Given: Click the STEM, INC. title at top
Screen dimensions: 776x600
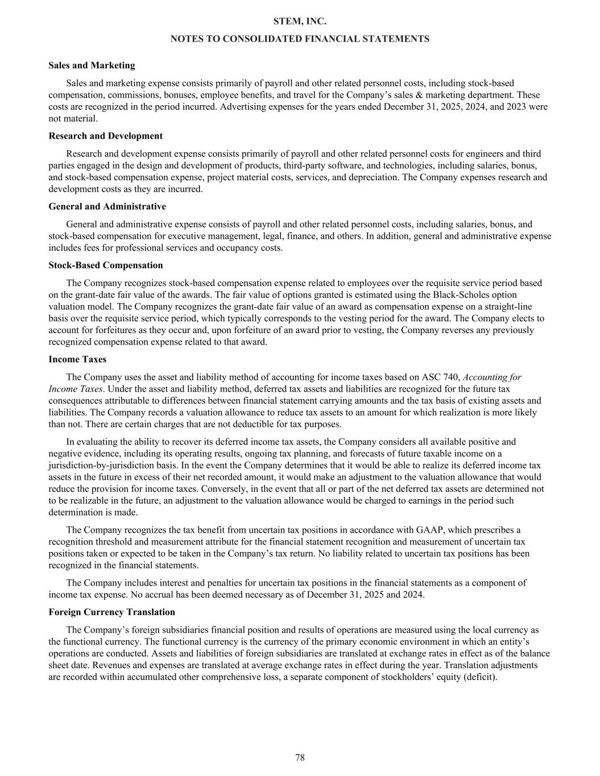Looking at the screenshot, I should tap(300, 22).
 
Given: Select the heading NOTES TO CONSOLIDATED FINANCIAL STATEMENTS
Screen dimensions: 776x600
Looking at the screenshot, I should tap(300, 39).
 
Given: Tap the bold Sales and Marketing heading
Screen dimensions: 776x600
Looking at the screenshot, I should tap(92, 65).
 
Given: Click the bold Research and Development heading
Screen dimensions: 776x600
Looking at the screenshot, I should tap(105, 136).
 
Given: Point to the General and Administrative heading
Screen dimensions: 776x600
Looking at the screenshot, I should tap(107, 206).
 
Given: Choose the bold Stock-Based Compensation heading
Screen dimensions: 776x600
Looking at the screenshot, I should tap(105, 265).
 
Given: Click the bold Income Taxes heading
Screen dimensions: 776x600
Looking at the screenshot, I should tap(77, 359).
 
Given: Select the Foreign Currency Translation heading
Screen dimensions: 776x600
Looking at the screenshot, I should tap(111, 612).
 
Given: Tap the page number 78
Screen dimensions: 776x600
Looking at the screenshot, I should tap(300, 757).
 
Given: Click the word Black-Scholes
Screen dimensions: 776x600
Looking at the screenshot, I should tap(461, 295).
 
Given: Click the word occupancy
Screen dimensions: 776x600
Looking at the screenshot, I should tap(238, 248).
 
